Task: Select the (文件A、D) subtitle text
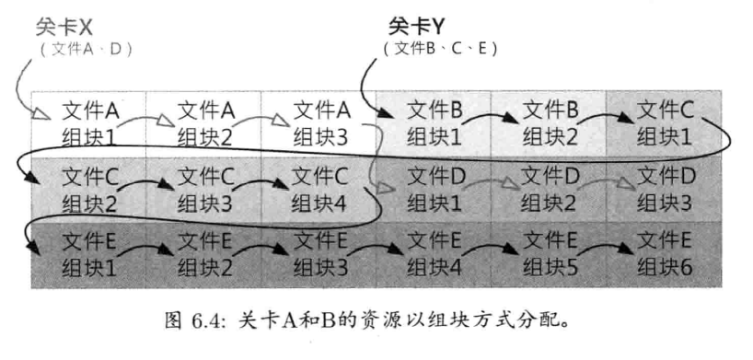click(x=87, y=49)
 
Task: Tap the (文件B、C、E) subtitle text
click(x=440, y=49)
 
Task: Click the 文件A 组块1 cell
click(x=90, y=123)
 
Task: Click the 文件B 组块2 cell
click(x=550, y=123)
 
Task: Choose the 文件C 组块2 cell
click(x=90, y=188)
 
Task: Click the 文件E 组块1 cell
click(x=90, y=254)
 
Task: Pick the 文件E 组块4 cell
click(x=434, y=254)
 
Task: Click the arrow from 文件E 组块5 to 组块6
click(x=606, y=249)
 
